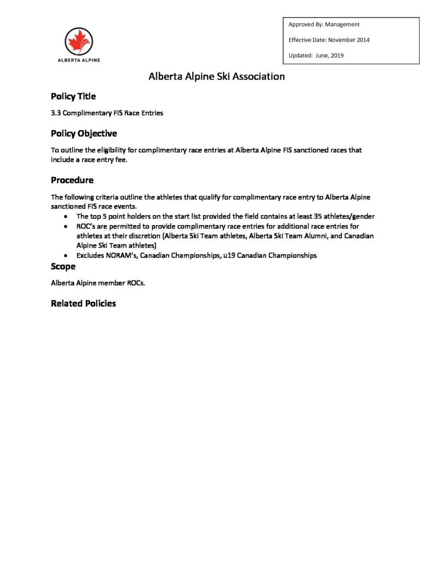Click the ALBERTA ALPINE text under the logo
tap(79, 60)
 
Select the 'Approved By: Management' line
tap(324, 25)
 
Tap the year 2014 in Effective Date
tap(362, 40)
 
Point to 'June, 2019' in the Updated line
tap(330, 55)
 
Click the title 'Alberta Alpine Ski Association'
tap(217, 77)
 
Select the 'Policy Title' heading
tap(73, 97)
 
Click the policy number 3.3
tap(55, 114)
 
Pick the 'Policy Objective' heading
tap(83, 133)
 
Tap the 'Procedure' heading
tap(72, 180)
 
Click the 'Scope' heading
tap(63, 267)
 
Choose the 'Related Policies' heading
tap(83, 304)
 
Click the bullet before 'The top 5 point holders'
tap(66, 217)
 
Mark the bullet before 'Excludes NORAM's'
tap(66, 256)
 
